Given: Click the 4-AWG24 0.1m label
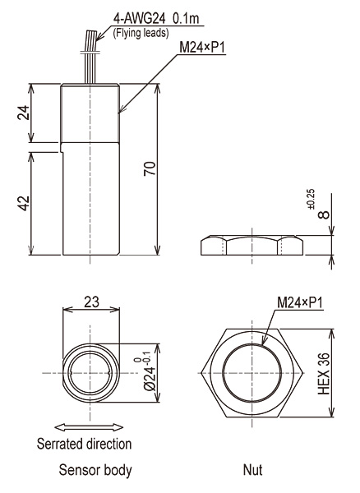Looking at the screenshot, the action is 156,19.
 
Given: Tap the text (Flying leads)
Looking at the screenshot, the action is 141,33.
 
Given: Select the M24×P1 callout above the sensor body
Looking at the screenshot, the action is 202,48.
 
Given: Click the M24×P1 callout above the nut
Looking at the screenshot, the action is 300,302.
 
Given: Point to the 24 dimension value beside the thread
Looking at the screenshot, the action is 24,113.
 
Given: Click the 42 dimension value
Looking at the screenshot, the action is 24,203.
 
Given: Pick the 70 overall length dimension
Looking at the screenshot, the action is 150,168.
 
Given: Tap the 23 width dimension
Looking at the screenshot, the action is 91,302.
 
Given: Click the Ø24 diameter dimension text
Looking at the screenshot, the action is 149,374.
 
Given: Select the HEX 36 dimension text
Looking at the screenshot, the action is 324,374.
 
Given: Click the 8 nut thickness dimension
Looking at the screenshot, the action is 324,214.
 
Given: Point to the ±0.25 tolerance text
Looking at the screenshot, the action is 311,200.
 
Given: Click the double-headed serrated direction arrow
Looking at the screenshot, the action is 89,427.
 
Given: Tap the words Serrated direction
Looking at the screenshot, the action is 85,444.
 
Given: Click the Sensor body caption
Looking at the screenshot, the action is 95,470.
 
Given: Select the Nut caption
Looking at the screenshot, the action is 252,470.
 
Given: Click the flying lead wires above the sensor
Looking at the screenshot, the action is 90,57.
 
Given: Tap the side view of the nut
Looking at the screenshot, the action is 252,245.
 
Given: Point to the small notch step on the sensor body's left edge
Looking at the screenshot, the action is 62,147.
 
